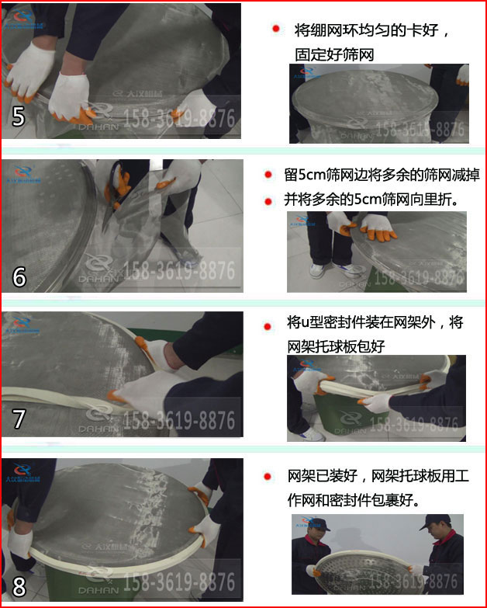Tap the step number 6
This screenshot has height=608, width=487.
pyautogui.click(x=19, y=276)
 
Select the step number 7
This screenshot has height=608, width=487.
pyautogui.click(x=19, y=419)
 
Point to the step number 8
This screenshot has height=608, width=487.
pyautogui.click(x=19, y=583)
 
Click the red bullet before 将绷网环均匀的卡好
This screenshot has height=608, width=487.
pyautogui.click(x=275, y=29)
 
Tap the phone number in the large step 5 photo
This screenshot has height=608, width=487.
pyautogui.click(x=181, y=119)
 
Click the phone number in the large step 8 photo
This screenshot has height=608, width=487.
pyautogui.click(x=181, y=582)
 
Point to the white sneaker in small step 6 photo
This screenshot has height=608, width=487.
pyautogui.click(x=316, y=271)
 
